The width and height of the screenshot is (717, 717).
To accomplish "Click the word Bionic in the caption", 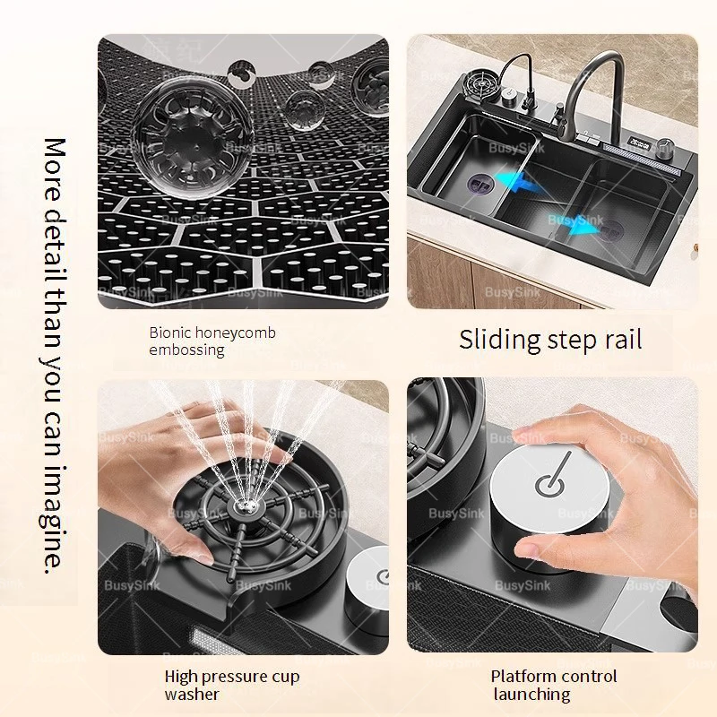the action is tap(167, 333).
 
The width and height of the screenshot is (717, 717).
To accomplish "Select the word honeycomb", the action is tap(232, 333).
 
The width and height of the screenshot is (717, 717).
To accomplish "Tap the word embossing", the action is tap(186, 350).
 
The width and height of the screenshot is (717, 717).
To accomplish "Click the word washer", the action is tap(192, 694).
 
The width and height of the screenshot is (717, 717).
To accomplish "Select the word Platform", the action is tap(521, 676).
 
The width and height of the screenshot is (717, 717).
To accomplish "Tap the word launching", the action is tap(531, 694).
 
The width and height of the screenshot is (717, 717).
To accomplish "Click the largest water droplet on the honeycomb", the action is tap(194, 136).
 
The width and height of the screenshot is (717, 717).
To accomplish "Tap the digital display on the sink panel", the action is tap(641, 143).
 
